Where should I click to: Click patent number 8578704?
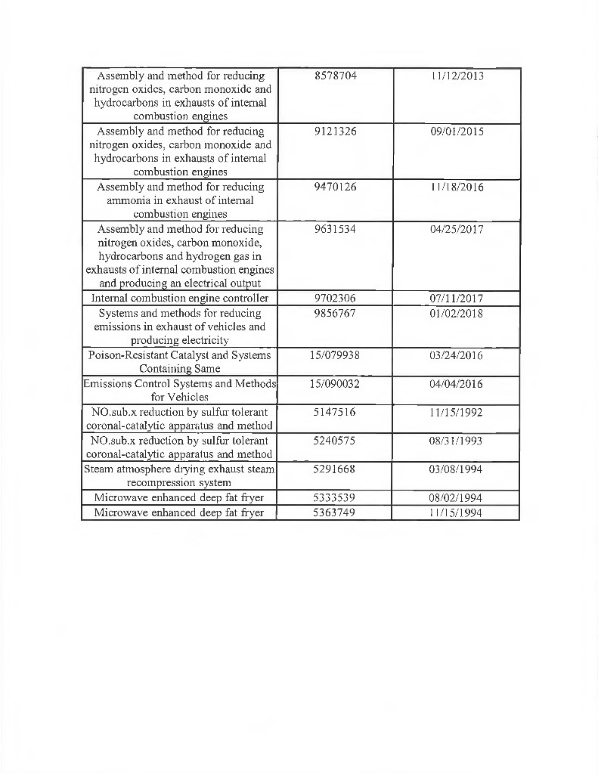coord(335,76)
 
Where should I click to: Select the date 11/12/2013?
coord(457,76)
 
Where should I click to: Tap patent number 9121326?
coord(335,132)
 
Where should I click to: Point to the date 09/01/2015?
coord(457,132)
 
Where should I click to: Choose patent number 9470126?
coord(335,187)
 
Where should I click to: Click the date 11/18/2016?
coord(457,187)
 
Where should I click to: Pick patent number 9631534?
coord(335,229)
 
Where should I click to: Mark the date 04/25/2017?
coord(457,229)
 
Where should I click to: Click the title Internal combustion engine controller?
coord(180,299)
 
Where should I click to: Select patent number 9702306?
coord(335,299)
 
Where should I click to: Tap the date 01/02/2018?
coord(457,313)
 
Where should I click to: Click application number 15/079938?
coord(335,355)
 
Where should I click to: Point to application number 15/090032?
coord(335,384)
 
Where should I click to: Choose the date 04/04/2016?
coord(457,384)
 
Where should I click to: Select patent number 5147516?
coord(335,413)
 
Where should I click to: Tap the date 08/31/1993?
coord(457,441)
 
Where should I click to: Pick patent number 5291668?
coord(335,469)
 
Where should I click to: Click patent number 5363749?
coord(335,512)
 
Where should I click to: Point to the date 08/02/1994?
coord(457,498)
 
